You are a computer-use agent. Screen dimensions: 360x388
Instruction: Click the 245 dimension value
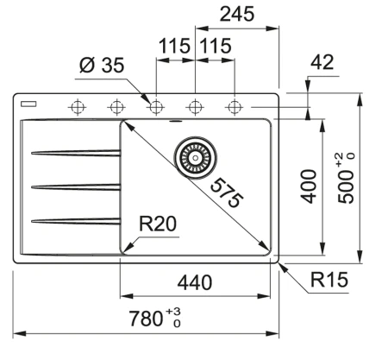click(x=236, y=14)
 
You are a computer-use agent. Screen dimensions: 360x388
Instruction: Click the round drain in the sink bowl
click(x=194, y=158)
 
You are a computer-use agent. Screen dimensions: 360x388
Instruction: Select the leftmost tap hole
click(x=77, y=107)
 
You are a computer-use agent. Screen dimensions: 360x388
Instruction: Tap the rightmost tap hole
click(x=234, y=107)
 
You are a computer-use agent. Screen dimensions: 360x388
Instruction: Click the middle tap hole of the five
click(x=156, y=107)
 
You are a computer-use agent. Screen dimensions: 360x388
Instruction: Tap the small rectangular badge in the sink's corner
click(x=28, y=101)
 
